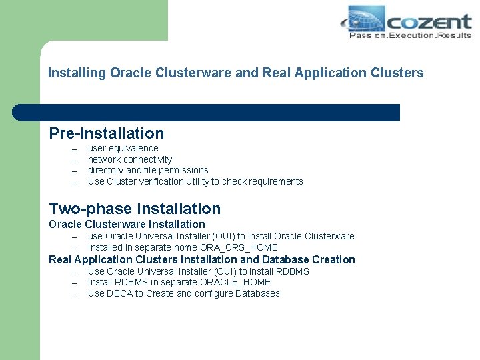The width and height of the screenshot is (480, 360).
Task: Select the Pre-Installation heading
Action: coord(106,133)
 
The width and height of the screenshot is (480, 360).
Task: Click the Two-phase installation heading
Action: coord(135,209)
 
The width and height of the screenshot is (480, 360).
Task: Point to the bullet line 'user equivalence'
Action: coord(123,148)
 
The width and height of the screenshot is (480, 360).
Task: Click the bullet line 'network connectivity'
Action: coord(130,159)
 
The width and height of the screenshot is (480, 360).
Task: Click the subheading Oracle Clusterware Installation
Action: coord(127,224)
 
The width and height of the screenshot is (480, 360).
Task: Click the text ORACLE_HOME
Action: coord(238,282)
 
